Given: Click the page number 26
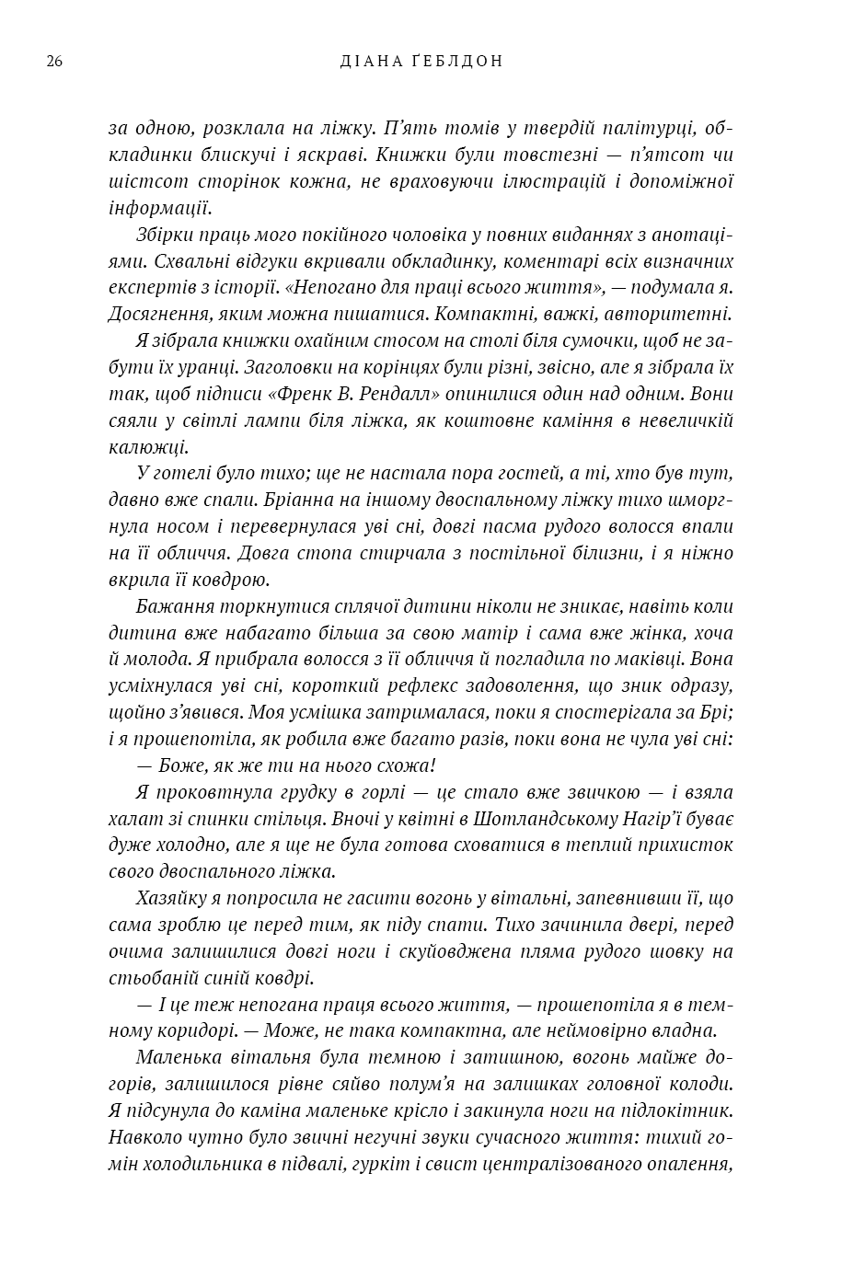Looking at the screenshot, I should [x=53, y=62].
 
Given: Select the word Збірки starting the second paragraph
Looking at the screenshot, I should [x=164, y=235].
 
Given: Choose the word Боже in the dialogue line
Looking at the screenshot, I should [x=175, y=765].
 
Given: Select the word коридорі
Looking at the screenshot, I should [x=197, y=1030].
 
